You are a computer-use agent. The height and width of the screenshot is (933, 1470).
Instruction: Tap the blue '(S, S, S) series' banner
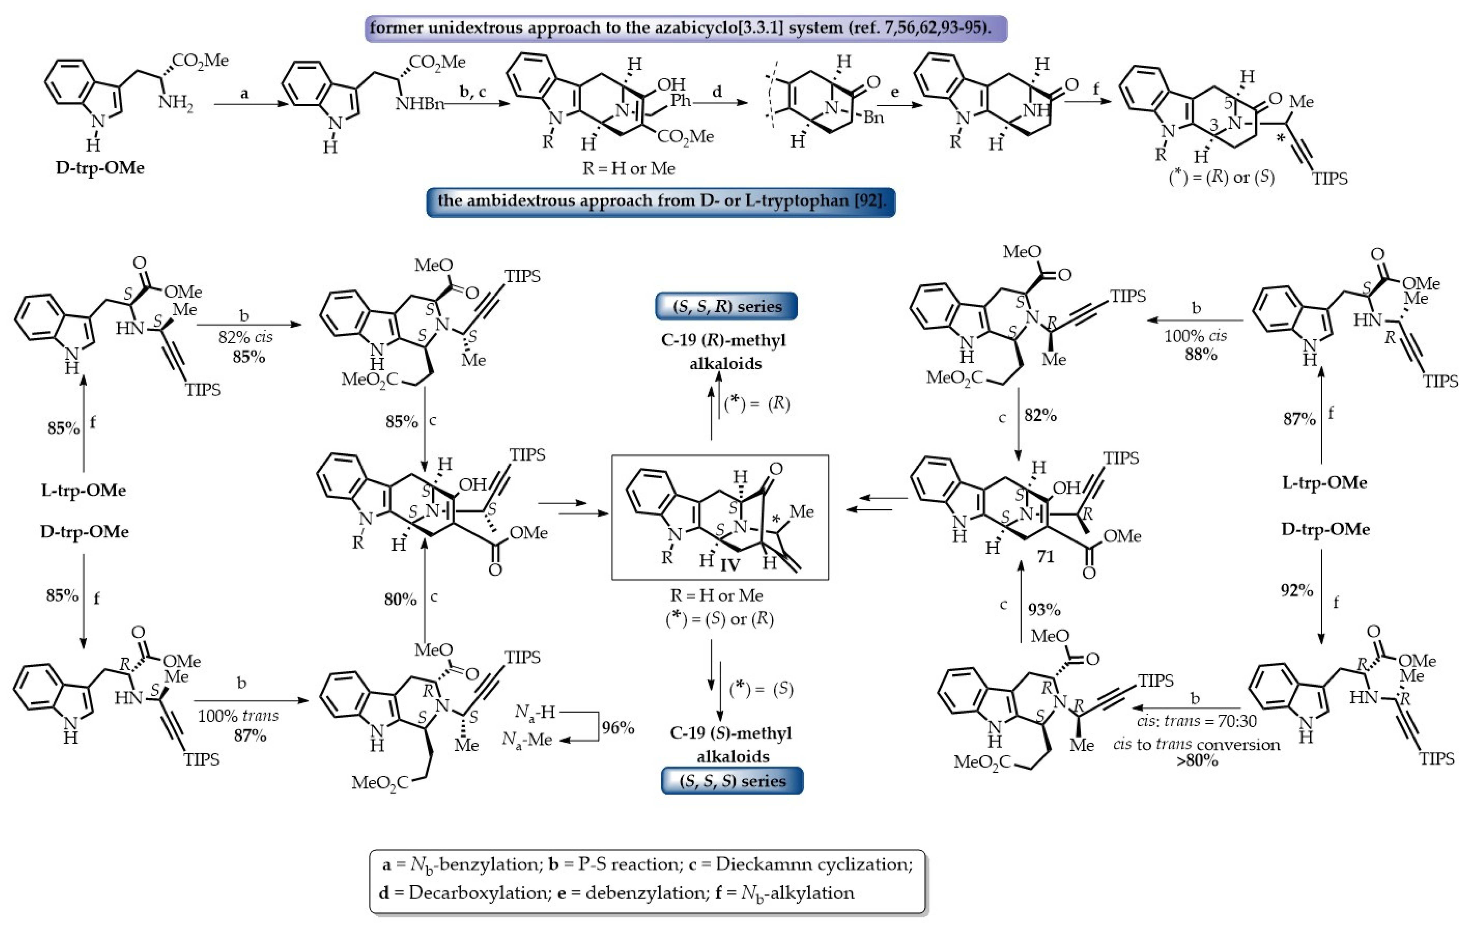click(732, 781)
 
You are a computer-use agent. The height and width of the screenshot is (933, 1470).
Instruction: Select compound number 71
click(1045, 556)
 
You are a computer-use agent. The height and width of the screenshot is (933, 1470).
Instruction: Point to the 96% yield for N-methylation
click(618, 727)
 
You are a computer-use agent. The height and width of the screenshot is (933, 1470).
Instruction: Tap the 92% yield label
click(1297, 590)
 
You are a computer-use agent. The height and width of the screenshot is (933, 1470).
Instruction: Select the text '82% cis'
click(245, 337)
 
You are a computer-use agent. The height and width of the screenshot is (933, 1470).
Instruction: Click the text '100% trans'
click(238, 716)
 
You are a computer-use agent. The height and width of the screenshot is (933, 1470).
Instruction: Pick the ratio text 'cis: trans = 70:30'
click(1196, 721)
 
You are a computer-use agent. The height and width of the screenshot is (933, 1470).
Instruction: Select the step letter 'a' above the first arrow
click(244, 94)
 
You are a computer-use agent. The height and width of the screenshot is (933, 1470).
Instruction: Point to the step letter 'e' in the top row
click(895, 93)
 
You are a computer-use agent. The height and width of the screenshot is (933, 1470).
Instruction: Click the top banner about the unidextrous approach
click(686, 28)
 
